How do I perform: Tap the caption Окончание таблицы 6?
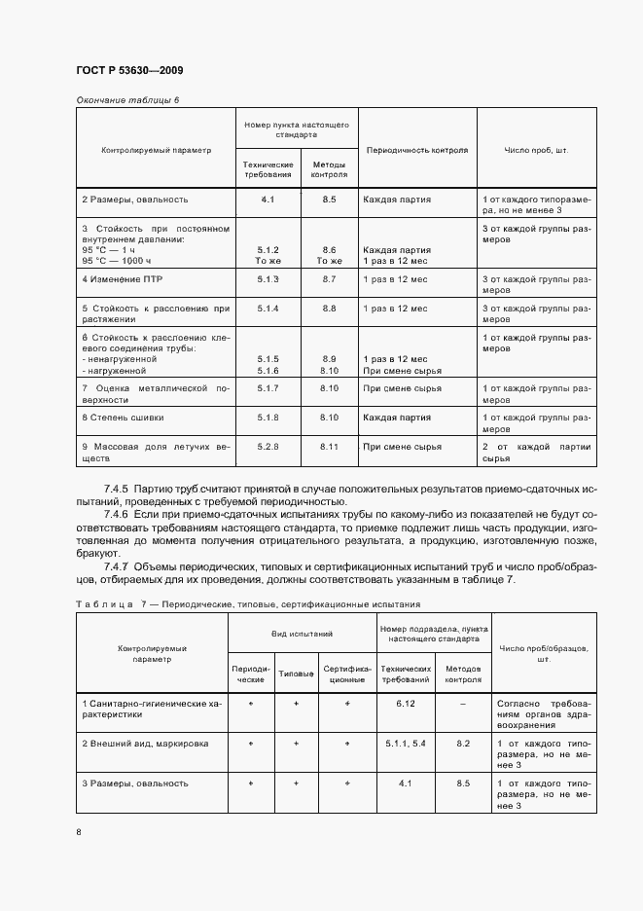pyautogui.click(x=127, y=99)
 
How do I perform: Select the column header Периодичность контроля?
pyautogui.click(x=415, y=150)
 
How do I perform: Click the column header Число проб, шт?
pyautogui.click(x=535, y=150)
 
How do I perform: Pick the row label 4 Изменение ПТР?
pyautogui.click(x=120, y=279)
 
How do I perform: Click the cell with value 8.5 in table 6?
pyautogui.click(x=329, y=200)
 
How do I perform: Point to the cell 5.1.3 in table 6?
pyautogui.click(x=268, y=279)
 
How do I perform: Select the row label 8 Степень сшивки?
pyautogui.click(x=123, y=417)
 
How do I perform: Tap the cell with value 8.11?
pyautogui.click(x=329, y=446)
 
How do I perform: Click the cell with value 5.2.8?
pyautogui.click(x=268, y=446)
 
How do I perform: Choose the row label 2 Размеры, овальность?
pyautogui.click(x=134, y=200)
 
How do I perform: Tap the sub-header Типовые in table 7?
pyautogui.click(x=296, y=674)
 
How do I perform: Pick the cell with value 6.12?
pyautogui.click(x=406, y=702)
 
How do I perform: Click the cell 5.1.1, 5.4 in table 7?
pyautogui.click(x=406, y=743)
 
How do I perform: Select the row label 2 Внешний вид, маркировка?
pyautogui.click(x=145, y=743)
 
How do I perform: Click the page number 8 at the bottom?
pyautogui.click(x=79, y=832)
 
